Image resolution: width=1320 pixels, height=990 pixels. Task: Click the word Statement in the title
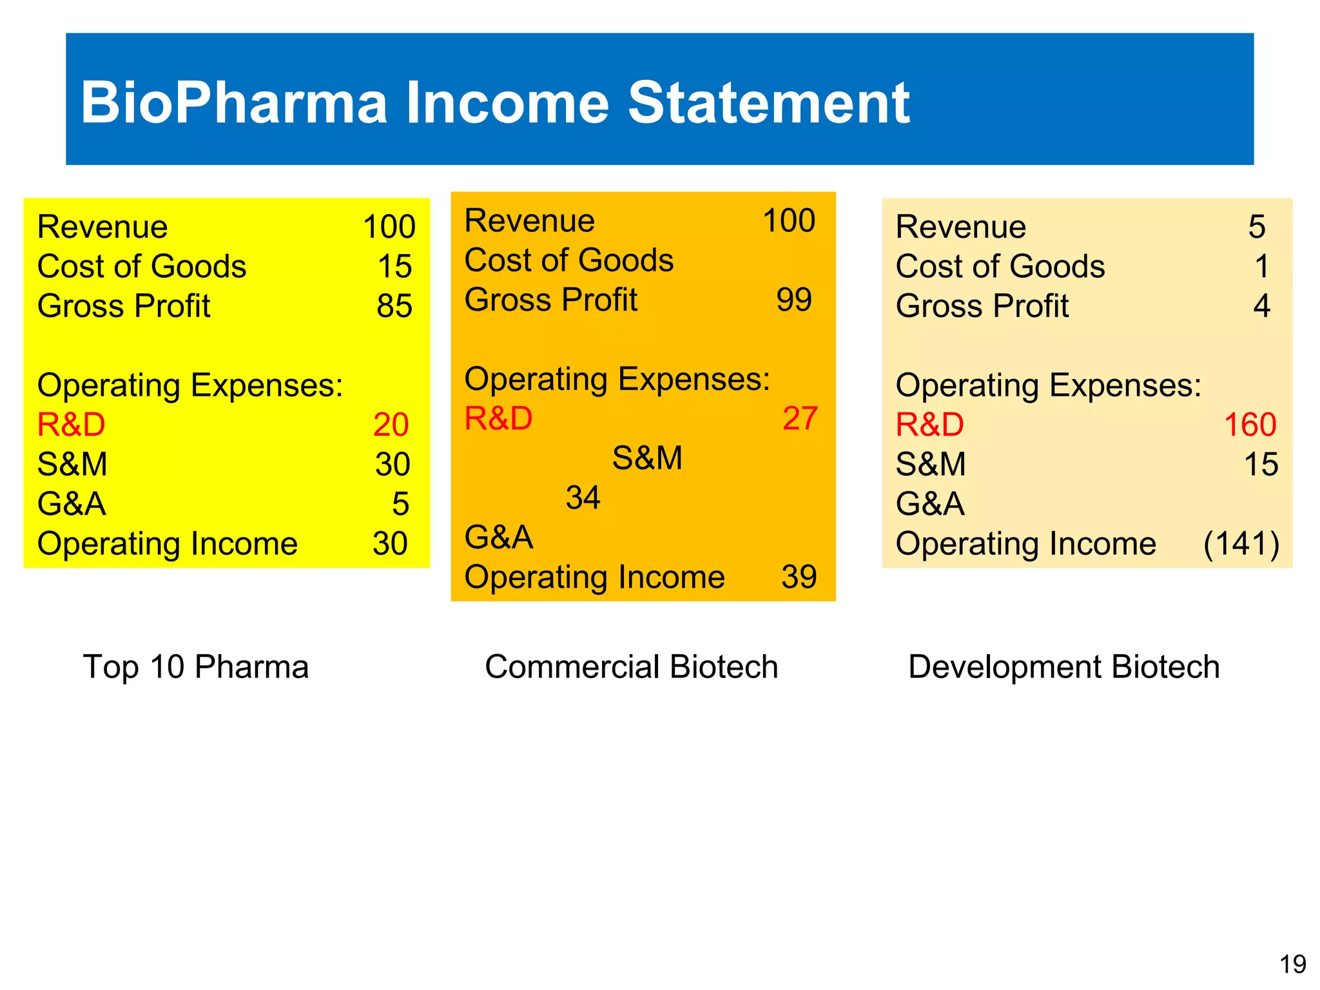[x=768, y=103]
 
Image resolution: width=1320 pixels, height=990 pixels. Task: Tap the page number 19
[x=1292, y=964]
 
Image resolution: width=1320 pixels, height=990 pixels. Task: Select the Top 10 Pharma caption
[x=196, y=666]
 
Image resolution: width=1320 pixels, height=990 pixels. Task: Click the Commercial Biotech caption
[x=631, y=666]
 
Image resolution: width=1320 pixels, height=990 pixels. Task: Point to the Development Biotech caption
[x=1063, y=666]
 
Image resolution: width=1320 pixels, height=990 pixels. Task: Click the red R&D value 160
[x=1250, y=425]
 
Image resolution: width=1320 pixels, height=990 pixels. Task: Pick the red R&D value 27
[x=800, y=418]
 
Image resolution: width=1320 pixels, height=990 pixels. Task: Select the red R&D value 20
[x=391, y=425]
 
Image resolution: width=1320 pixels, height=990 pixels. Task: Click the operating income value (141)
[x=1241, y=543]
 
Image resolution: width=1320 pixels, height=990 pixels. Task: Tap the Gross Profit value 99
[x=793, y=300]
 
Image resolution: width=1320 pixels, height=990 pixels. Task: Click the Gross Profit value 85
[x=394, y=306]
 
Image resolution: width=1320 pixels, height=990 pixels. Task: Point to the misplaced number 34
[x=583, y=498]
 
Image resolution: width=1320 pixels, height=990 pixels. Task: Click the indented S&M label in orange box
[x=647, y=458]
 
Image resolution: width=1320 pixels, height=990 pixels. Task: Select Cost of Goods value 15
[x=394, y=266]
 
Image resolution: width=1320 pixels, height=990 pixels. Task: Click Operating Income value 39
[x=799, y=577]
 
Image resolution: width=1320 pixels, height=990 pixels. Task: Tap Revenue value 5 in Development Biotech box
[x=1256, y=227]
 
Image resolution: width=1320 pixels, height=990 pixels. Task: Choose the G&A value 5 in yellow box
[x=400, y=504]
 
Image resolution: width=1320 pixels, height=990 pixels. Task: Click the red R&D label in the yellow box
[x=71, y=425]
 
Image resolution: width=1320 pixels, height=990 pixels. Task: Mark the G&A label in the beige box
[x=929, y=504]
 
